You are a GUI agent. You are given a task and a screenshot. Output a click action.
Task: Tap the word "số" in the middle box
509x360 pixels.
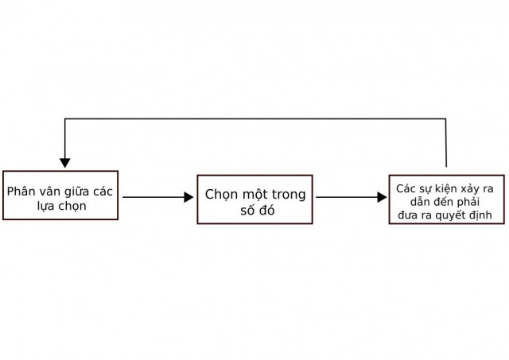247,210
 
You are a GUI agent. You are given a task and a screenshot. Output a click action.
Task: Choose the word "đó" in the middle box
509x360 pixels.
267,210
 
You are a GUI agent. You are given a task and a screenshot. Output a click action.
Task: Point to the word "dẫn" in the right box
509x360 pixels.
420,202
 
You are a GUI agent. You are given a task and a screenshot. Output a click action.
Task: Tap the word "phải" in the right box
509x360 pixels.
468,202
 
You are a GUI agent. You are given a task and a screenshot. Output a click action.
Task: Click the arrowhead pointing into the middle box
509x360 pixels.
188,197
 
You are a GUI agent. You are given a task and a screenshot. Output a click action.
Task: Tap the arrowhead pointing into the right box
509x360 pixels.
382,197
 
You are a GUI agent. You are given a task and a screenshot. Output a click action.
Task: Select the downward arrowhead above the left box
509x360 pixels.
65,163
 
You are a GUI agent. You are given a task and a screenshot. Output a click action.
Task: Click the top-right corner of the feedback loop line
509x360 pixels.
445,118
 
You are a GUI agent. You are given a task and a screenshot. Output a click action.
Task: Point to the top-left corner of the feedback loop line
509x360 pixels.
65,118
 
